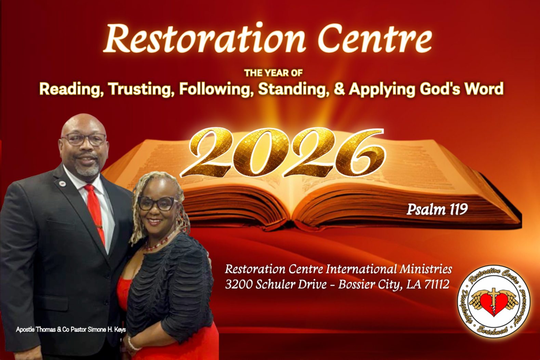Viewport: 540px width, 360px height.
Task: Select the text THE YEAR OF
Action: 273,73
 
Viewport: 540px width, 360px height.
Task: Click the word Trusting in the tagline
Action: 141,89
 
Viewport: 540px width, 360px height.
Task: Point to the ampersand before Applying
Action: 339,88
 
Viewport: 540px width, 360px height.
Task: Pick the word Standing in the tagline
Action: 293,89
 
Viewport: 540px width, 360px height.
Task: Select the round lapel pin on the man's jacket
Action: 63,184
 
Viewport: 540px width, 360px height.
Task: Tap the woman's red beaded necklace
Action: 159,243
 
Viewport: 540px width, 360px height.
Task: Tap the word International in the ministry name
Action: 361,269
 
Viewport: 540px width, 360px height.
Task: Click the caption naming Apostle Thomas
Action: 71,330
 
